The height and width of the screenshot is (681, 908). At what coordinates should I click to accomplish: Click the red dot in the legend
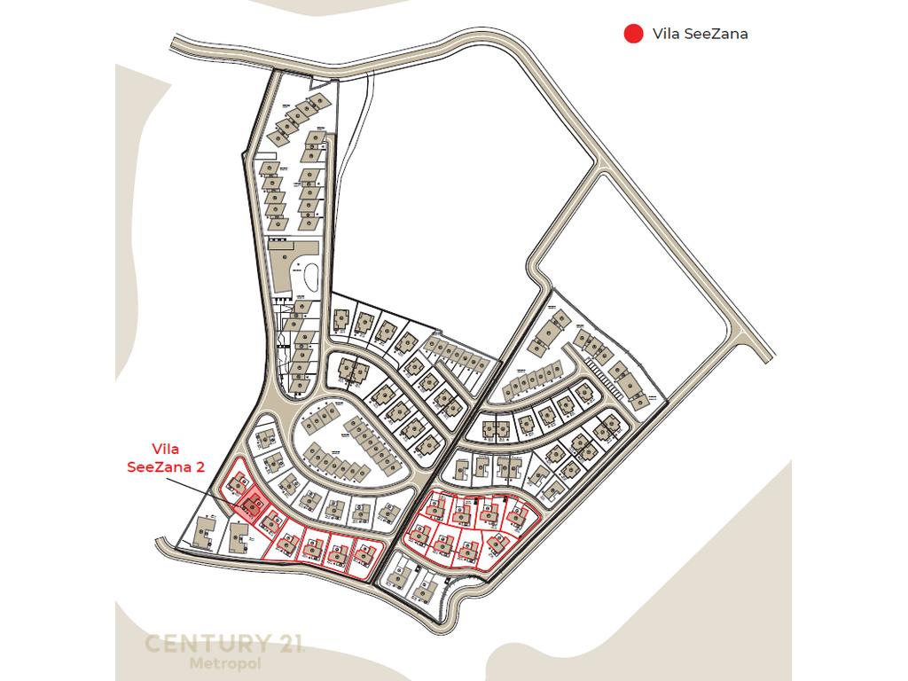633,35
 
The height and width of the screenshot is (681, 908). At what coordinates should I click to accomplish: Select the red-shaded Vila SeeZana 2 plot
251,505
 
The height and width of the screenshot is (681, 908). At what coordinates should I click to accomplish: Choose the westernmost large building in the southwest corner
204,533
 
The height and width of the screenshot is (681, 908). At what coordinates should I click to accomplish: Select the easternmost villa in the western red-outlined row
364,553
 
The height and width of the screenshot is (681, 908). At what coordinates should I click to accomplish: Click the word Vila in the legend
667,35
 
